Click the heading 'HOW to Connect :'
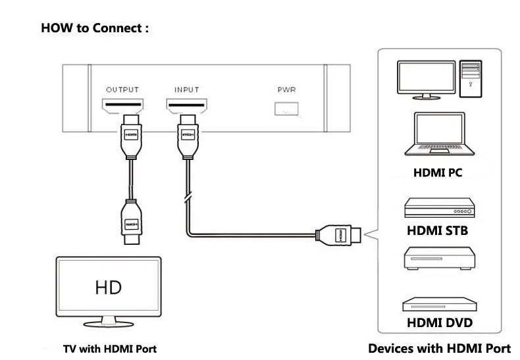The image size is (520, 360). (95, 28)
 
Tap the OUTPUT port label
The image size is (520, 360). (123, 90)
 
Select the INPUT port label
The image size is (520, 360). (186, 90)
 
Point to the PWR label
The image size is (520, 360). (288, 90)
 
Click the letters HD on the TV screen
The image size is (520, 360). (109, 288)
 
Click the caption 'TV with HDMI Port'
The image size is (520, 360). (110, 349)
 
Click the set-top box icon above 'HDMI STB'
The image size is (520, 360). (438, 209)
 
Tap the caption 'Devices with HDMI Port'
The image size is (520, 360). (439, 348)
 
